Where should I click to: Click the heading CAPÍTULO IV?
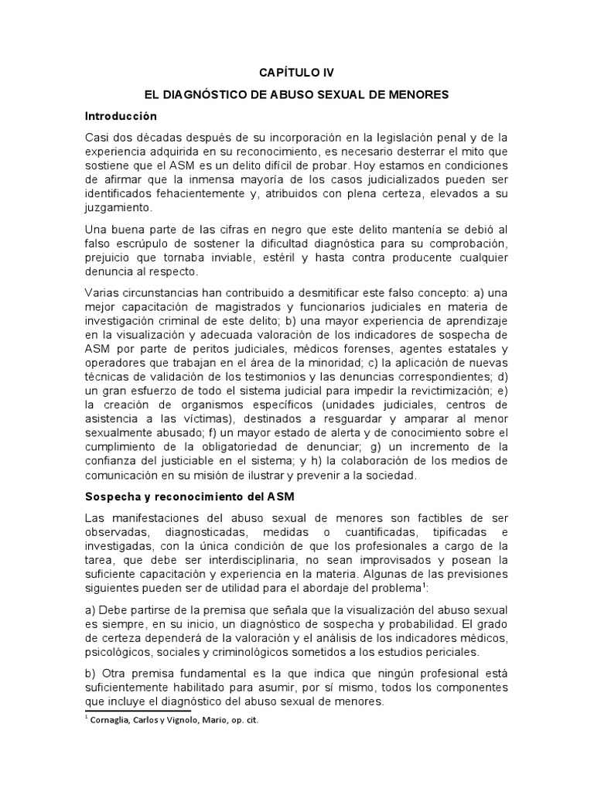[x=296, y=73]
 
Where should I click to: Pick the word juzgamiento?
[x=119, y=208]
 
